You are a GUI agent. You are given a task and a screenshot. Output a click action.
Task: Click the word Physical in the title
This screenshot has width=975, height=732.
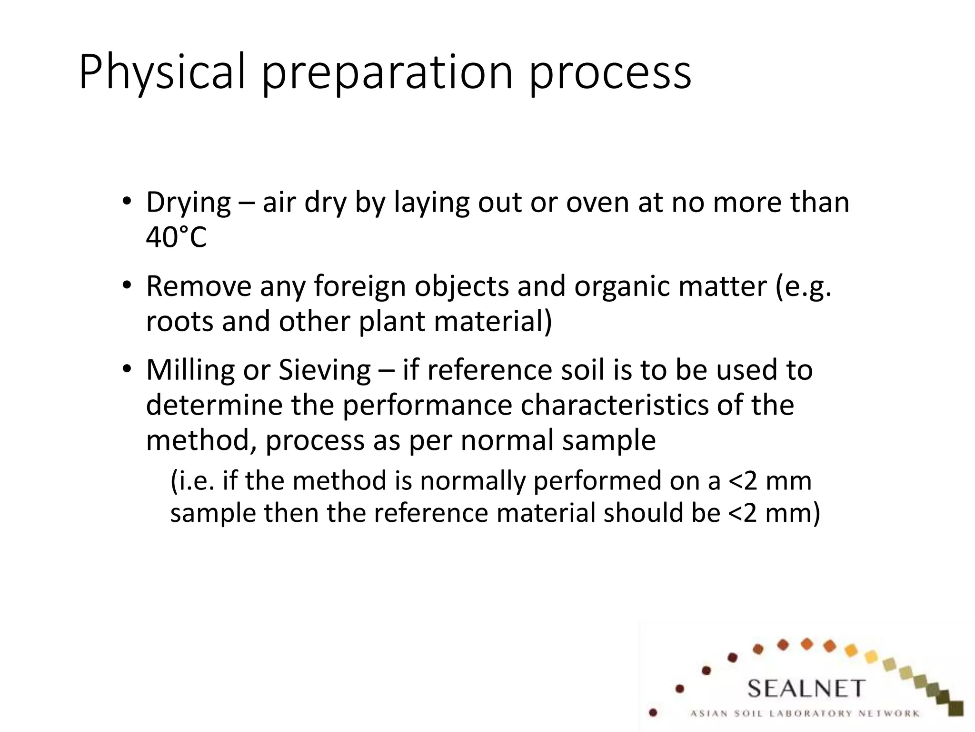pyautogui.click(x=162, y=72)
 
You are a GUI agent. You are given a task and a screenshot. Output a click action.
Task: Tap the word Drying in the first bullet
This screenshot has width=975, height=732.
pyautogui.click(x=189, y=203)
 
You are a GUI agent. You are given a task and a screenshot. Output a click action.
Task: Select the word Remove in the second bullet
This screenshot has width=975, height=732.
pyautogui.click(x=199, y=286)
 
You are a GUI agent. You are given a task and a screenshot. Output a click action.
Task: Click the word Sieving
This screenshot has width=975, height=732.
pyautogui.click(x=324, y=370)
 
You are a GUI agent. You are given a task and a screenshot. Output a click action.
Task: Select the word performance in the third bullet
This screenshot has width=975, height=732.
pyautogui.click(x=427, y=405)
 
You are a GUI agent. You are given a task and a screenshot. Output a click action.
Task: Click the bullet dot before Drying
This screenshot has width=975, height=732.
pyautogui.click(x=126, y=201)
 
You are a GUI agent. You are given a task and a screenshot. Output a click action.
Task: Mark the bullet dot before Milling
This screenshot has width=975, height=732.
pyautogui.click(x=126, y=369)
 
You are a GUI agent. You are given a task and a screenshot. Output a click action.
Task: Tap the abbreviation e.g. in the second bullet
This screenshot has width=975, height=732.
pyautogui.click(x=804, y=286)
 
